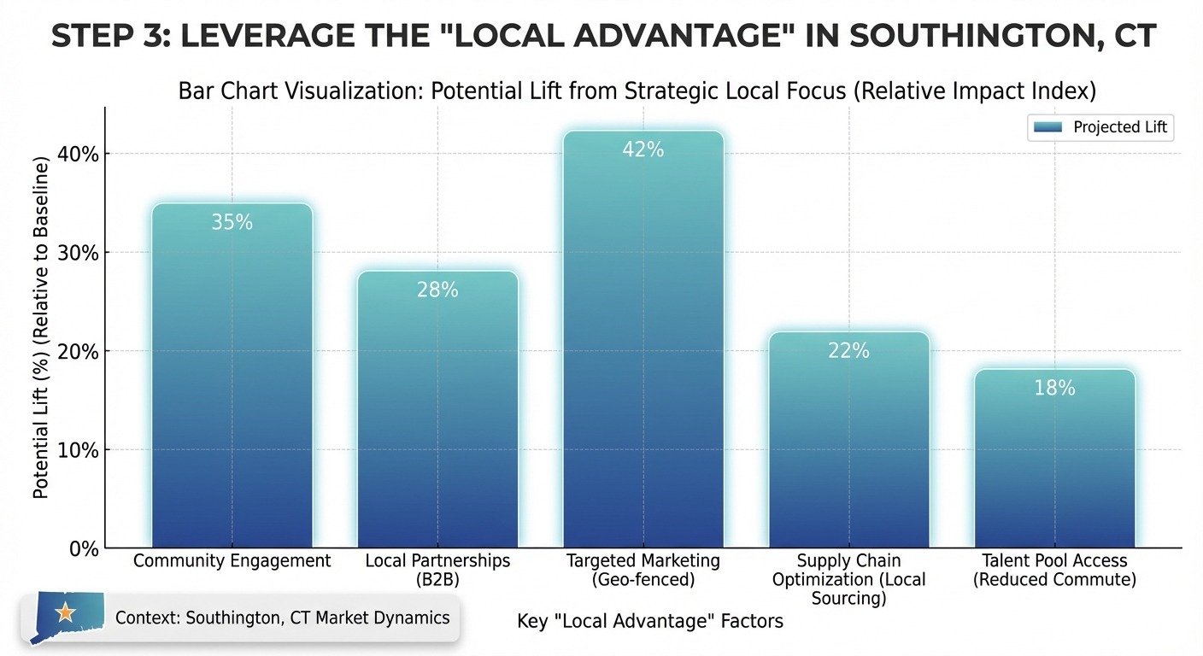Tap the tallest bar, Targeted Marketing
[x=643, y=342]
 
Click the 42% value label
[x=643, y=149]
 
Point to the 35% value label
[x=232, y=222]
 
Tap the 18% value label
[x=1054, y=388]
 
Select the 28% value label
[x=437, y=290]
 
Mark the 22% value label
[x=848, y=350]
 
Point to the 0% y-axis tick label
[x=84, y=549]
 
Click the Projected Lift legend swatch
[x=1047, y=127]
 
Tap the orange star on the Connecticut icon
[x=64, y=612]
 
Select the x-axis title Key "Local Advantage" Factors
[x=650, y=621]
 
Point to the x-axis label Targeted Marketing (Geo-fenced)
[x=643, y=571]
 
